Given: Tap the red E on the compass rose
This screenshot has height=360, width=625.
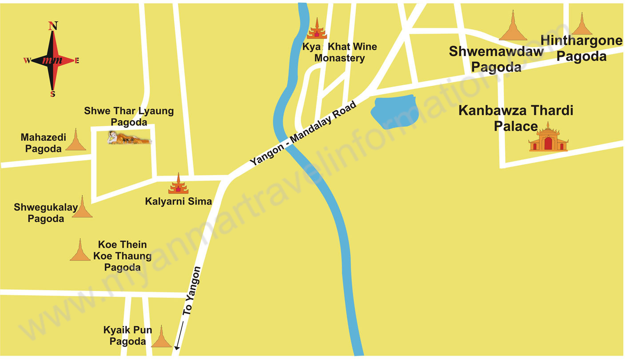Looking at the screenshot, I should (x=77, y=61).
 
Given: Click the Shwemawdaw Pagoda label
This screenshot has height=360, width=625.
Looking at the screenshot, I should (x=496, y=59).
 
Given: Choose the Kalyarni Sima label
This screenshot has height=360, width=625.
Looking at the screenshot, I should (x=179, y=201).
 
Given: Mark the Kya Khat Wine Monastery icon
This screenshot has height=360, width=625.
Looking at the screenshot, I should (x=317, y=29).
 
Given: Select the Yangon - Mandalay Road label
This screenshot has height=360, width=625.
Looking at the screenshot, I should (x=303, y=133).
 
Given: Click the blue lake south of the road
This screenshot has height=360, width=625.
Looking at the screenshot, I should (x=394, y=112).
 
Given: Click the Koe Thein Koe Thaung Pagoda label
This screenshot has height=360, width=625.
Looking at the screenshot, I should (x=122, y=256).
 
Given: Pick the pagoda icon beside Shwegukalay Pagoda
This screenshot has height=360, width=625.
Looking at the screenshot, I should (x=82, y=207).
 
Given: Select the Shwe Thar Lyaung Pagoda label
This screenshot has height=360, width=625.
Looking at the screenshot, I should (x=129, y=116).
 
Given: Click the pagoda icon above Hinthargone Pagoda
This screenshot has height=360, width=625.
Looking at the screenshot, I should (x=581, y=24).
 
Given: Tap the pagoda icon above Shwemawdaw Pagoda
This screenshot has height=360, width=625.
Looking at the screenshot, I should (x=513, y=27).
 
